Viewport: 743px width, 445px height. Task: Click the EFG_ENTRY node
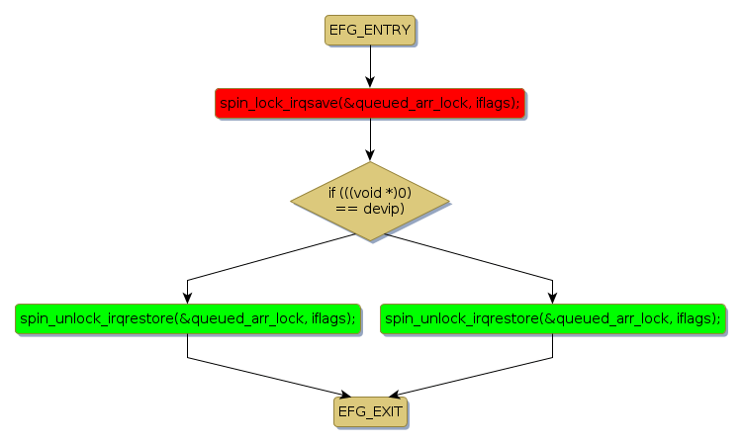tap(369, 31)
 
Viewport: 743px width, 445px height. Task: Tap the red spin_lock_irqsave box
tap(369, 103)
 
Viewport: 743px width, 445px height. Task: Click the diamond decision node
tap(369, 201)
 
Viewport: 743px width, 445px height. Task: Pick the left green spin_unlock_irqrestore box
tap(187, 318)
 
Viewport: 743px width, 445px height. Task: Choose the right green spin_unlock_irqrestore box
tap(552, 318)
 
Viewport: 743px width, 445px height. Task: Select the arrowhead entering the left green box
tap(187, 297)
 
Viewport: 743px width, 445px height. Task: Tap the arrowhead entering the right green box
tap(552, 297)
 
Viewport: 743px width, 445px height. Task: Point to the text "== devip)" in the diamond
tap(369, 209)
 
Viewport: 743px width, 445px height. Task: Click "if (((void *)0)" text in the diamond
tap(369, 192)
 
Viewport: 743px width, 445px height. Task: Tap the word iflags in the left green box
tap(330, 318)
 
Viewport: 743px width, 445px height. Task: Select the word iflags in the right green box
tap(696, 318)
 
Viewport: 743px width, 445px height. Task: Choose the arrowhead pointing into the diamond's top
tap(369, 155)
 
